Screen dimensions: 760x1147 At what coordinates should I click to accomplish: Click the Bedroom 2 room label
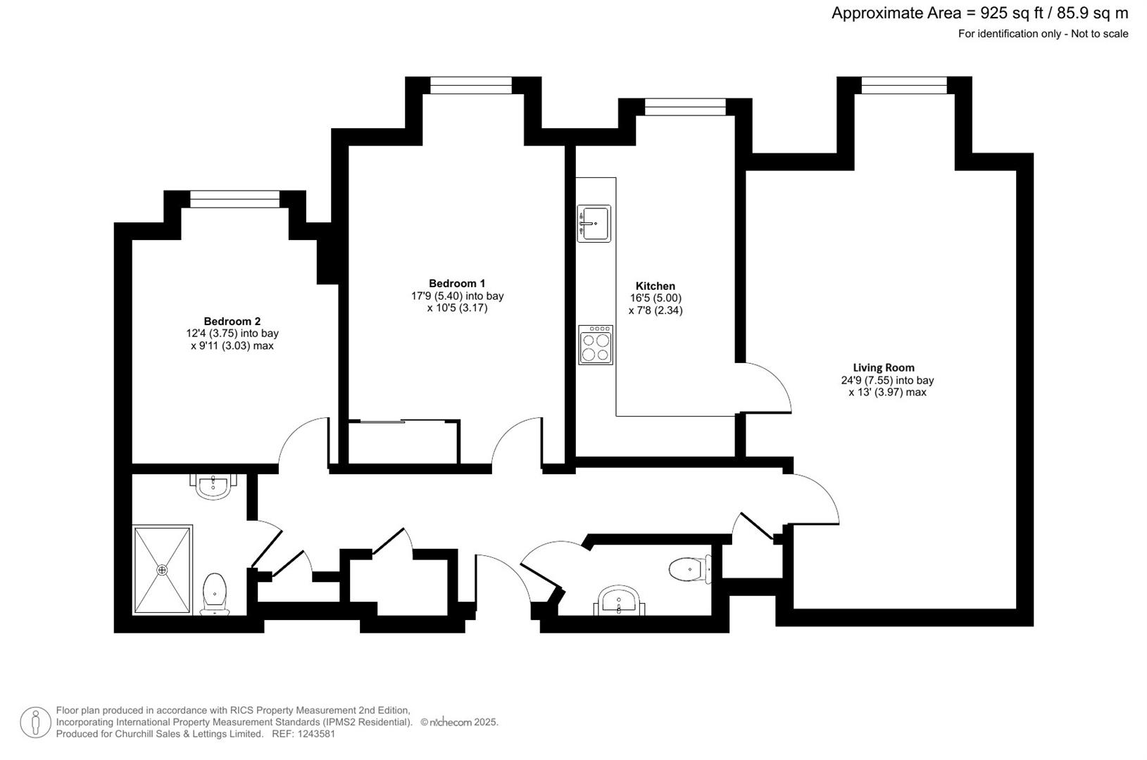pyautogui.click(x=232, y=321)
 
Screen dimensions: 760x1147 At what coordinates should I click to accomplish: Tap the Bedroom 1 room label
pyautogui.click(x=457, y=284)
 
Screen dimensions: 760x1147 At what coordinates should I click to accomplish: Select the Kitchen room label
pyautogui.click(x=655, y=286)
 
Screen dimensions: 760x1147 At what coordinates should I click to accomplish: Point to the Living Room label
pyautogui.click(x=883, y=367)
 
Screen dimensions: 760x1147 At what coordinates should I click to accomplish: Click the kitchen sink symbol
pyautogui.click(x=594, y=223)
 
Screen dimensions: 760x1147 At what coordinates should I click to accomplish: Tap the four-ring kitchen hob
pyautogui.click(x=596, y=345)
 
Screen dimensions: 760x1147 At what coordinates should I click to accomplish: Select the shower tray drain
pyautogui.click(x=163, y=569)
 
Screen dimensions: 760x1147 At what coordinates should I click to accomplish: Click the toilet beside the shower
pyautogui.click(x=214, y=593)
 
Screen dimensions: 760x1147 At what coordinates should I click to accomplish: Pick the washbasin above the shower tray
pyautogui.click(x=213, y=486)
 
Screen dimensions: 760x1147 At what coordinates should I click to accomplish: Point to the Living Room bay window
pyautogui.click(x=904, y=85)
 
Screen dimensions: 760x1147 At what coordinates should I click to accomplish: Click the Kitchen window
pyautogui.click(x=685, y=106)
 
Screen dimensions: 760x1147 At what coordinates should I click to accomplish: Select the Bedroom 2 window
pyautogui.click(x=234, y=199)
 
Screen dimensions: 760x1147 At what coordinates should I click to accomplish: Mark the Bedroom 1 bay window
pyautogui.click(x=471, y=85)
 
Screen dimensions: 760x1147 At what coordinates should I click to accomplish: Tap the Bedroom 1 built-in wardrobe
pyautogui.click(x=403, y=443)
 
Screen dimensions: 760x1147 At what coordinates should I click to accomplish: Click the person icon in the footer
pyautogui.click(x=35, y=723)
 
